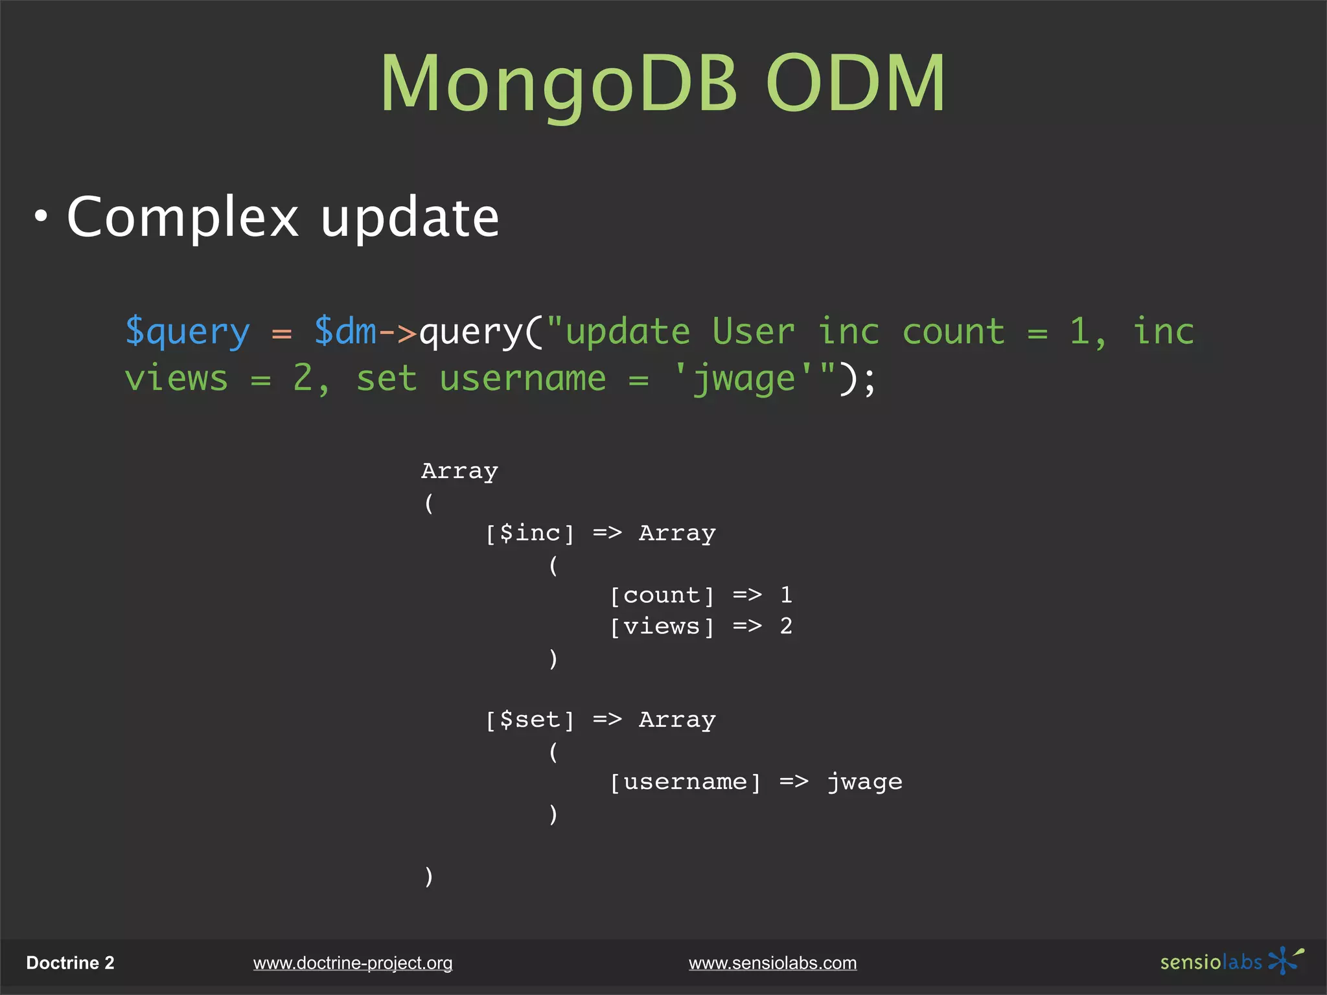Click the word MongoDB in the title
point(559,84)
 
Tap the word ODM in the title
point(855,84)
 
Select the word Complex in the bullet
point(183,218)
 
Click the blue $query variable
point(187,332)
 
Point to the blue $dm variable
point(345,332)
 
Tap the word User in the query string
point(753,332)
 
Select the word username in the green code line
point(522,378)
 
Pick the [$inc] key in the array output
point(530,533)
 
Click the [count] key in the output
point(662,595)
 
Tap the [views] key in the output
point(662,626)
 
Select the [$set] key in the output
point(530,720)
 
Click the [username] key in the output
point(685,782)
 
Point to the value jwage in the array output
point(864,782)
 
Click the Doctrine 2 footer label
point(70,963)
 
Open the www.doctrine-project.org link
point(352,963)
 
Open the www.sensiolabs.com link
point(772,963)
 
